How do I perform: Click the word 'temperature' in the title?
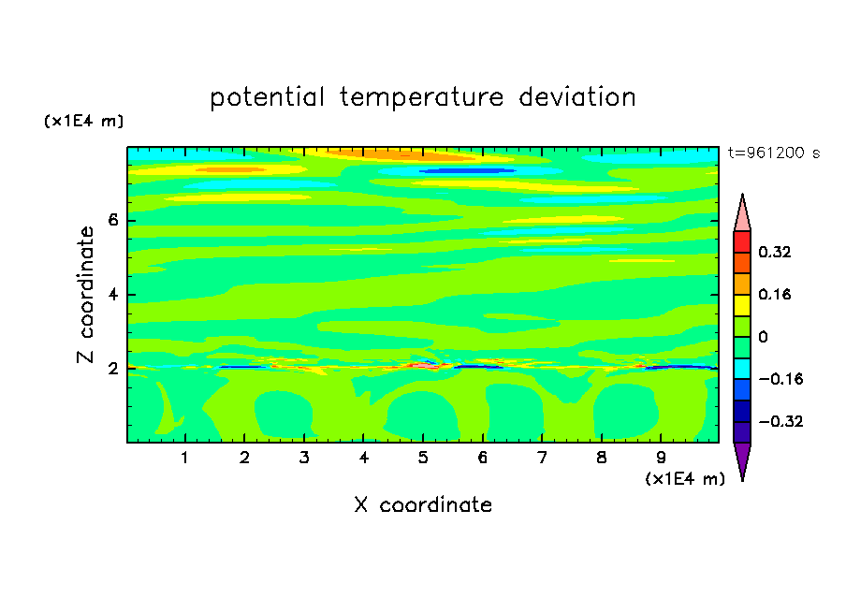pos(421,97)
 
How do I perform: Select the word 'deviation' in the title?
pos(576,96)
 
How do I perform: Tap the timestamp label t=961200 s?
pos(774,153)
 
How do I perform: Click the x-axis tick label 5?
pos(423,458)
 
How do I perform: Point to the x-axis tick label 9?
pos(661,458)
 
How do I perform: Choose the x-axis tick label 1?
pos(184,458)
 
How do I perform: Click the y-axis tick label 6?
pos(112,220)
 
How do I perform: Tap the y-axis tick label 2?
pos(112,369)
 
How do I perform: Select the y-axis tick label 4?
pos(112,295)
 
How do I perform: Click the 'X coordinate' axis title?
pos(423,504)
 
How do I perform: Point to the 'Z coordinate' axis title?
pos(86,295)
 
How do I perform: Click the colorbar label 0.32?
pos(774,252)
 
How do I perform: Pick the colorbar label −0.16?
pos(780,379)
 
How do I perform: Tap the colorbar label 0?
pos(763,337)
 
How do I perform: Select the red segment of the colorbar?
pos(742,241)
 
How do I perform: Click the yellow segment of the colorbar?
pos(742,305)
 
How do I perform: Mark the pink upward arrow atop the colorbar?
pos(742,212)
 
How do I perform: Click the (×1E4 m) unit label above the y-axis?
pos(83,121)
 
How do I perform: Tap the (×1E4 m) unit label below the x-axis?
pos(685,479)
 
